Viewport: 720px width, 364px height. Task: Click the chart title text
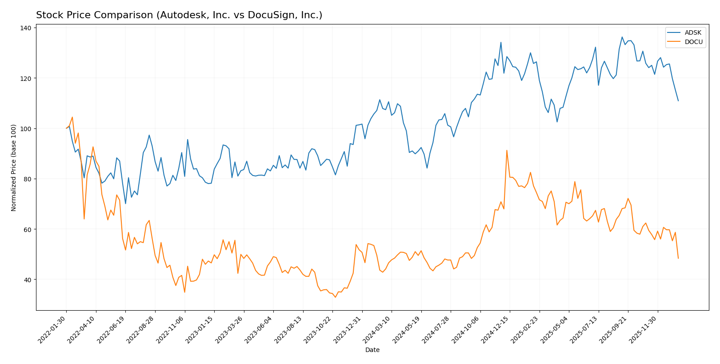coord(179,15)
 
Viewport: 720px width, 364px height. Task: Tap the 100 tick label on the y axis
coord(26,128)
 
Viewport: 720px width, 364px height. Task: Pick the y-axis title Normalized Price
coord(14,168)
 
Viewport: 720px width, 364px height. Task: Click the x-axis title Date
coord(372,350)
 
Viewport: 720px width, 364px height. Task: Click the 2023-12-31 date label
coord(349,329)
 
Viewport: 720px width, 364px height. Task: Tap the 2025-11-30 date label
coord(644,329)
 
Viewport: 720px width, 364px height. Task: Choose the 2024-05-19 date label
coord(408,329)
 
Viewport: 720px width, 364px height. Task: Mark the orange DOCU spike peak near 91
coord(507,150)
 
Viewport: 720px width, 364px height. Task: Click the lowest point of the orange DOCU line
coord(336,297)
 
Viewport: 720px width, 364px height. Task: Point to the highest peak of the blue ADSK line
coord(622,37)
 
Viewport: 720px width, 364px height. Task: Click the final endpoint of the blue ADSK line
coord(678,101)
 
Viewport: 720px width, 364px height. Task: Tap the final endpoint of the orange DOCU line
coord(678,258)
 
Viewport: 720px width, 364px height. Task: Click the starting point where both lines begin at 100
coord(66,128)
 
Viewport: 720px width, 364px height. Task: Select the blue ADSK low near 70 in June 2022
coord(125,204)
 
